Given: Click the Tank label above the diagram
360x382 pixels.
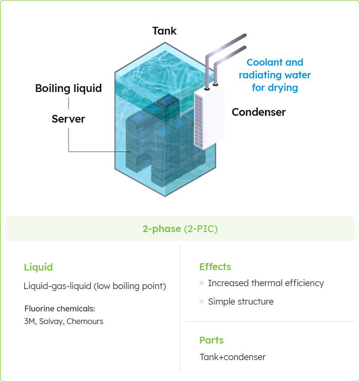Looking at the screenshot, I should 164,31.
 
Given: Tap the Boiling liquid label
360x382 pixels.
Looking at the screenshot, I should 68,89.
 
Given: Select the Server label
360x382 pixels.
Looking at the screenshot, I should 68,119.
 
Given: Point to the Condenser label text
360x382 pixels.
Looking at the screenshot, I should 259,112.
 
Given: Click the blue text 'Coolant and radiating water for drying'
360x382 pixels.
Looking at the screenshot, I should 275,75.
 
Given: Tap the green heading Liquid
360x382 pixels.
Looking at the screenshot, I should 38,267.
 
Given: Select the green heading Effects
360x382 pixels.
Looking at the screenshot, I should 215,267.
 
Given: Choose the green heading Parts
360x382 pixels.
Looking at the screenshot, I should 211,340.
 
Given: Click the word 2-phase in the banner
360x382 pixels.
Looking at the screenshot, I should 162,229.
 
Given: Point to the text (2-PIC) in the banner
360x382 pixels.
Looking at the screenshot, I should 201,229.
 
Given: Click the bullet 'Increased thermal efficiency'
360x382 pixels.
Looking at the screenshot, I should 265,283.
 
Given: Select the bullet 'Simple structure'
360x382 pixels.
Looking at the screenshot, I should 241,302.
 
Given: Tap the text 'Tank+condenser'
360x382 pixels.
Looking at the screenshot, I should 232,357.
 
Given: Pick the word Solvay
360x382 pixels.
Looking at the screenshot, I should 51,321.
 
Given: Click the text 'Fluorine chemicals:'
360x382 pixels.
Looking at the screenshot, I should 59,309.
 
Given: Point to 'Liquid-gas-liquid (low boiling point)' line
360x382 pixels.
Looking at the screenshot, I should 95,286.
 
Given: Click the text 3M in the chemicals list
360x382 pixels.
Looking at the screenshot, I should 29,321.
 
